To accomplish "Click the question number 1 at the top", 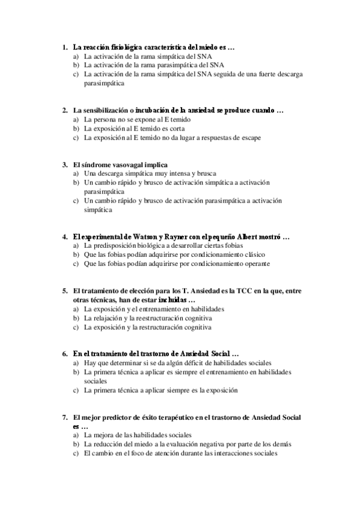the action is coord(64,47).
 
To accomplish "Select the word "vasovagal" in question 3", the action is coord(121,164).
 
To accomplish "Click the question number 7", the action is coord(64,417).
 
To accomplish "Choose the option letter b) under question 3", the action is coord(76,182).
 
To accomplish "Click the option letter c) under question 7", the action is coord(76,453).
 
